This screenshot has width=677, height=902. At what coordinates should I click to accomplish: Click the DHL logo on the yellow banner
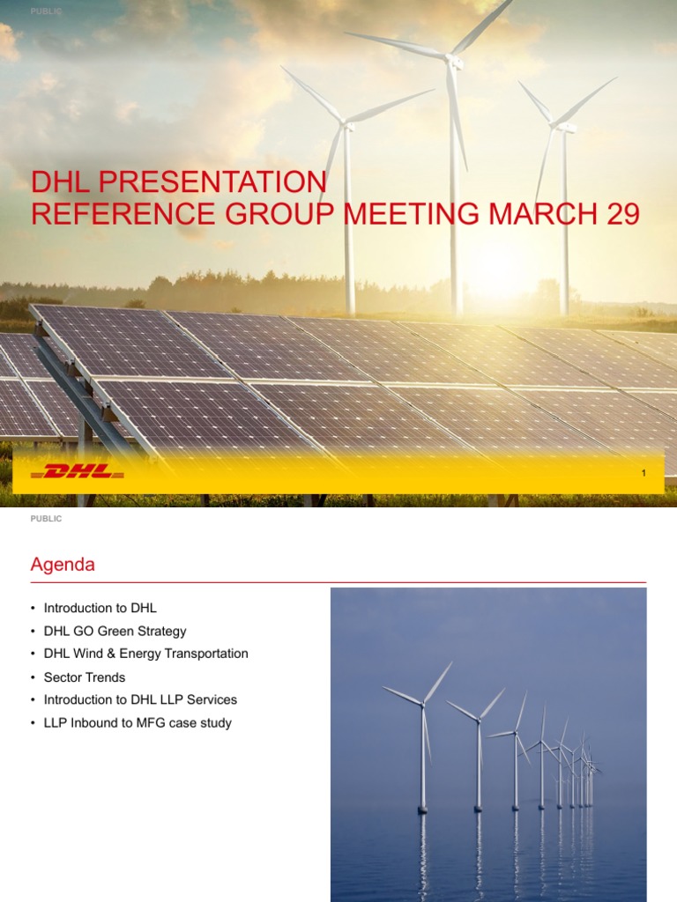78,472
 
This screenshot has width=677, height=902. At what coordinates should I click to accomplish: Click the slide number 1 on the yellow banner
644,474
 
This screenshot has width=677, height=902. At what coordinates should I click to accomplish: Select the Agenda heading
63,566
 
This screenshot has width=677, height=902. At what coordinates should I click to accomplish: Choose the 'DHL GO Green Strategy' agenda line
115,631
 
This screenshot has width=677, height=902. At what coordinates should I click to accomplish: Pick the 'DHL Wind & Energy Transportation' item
145,654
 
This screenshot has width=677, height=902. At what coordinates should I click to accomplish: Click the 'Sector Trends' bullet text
85,677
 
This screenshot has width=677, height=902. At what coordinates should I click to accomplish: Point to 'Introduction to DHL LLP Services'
140,699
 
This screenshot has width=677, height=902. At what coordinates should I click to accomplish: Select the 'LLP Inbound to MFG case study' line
138,723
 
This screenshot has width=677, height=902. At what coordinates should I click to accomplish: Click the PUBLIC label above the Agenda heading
46,519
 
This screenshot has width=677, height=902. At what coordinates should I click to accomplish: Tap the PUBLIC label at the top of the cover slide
46,11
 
